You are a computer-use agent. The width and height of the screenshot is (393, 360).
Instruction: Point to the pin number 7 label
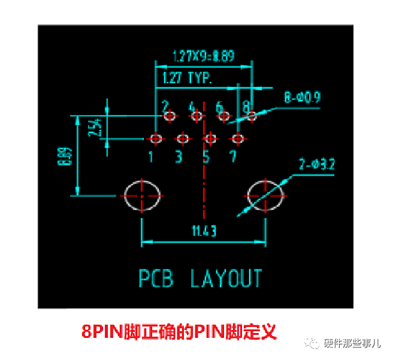[x=233, y=157]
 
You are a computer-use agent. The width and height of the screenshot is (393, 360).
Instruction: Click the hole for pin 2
[x=170, y=115]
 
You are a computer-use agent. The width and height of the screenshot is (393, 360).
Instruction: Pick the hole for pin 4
[x=196, y=115]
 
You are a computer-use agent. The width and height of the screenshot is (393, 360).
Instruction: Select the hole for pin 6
[x=223, y=115]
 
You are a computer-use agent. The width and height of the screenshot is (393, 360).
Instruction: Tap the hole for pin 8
[x=251, y=115]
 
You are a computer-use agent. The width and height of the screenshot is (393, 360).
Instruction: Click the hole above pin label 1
[x=156, y=138]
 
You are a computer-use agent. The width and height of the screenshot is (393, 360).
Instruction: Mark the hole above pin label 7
[x=238, y=138]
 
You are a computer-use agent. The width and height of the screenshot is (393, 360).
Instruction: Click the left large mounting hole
[x=142, y=195]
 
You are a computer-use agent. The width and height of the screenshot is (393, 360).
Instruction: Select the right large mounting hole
[x=265, y=195]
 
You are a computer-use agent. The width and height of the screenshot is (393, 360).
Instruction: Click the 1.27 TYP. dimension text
[x=183, y=78]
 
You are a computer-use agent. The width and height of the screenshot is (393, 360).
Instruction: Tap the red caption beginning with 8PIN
[x=180, y=331]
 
